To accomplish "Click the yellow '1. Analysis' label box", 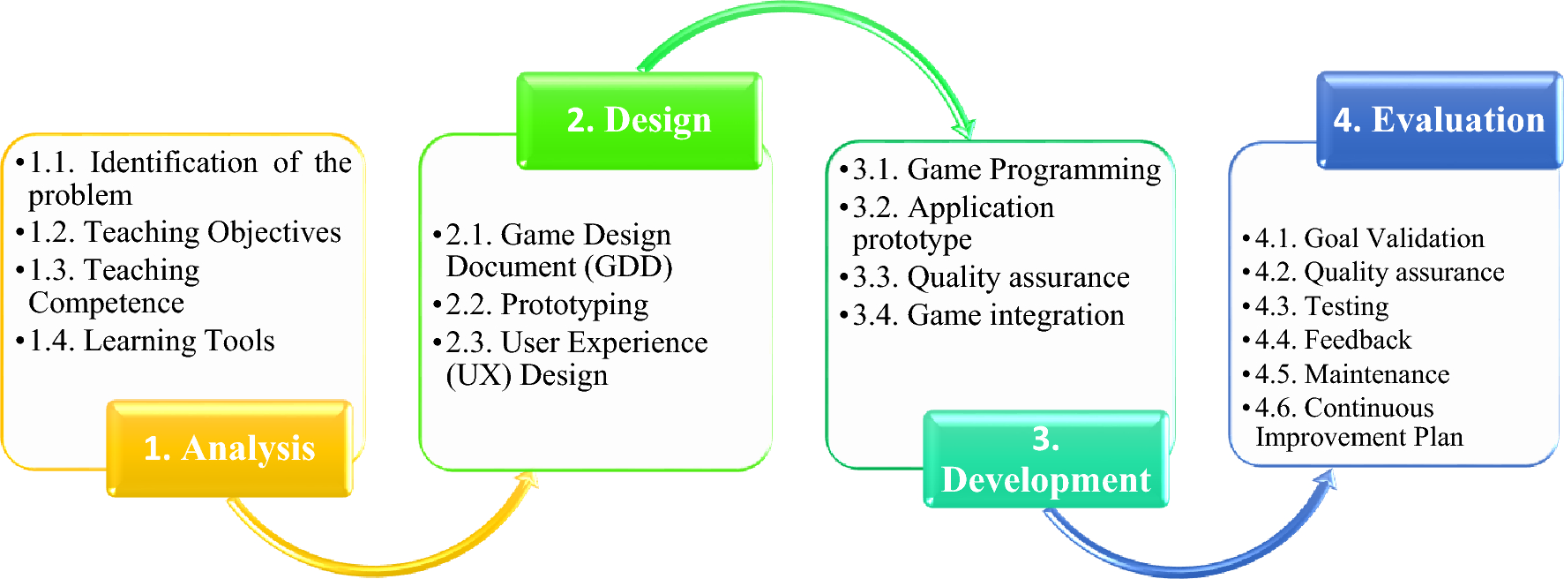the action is (230, 448).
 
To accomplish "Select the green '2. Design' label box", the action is (640, 120).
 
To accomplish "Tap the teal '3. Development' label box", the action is (1046, 459).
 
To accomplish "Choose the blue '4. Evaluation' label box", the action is (1439, 120).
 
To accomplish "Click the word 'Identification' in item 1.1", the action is (174, 162).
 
